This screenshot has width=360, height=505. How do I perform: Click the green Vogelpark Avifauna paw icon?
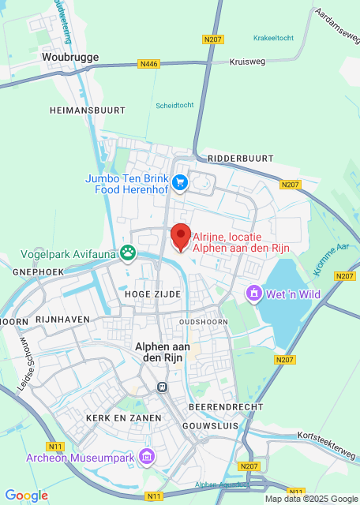[x=127, y=253]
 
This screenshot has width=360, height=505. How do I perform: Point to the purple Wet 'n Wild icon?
[x=254, y=294]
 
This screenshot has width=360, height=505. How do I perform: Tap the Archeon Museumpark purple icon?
[x=146, y=457]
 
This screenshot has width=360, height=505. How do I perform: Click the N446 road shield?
[x=148, y=63]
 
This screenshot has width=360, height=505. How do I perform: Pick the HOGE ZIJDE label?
[x=152, y=294]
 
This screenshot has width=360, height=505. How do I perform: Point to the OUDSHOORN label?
[x=203, y=322]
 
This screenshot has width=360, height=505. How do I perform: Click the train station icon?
[x=163, y=387]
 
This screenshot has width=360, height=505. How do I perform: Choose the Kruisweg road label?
[x=246, y=61]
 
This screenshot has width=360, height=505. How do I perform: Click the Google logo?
[x=26, y=496]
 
